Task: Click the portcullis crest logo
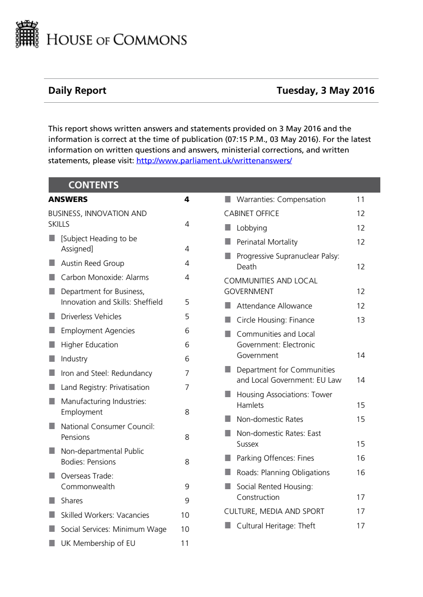click(x=27, y=34)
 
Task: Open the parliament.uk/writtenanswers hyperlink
click(x=214, y=161)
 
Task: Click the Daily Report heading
click(x=77, y=90)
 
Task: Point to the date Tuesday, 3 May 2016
click(x=325, y=90)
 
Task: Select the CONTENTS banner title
click(x=93, y=185)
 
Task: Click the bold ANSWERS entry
click(x=68, y=199)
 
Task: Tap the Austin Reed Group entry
click(x=93, y=263)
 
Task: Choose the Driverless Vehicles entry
click(x=91, y=317)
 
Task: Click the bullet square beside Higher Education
click(x=52, y=344)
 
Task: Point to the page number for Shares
click(x=187, y=501)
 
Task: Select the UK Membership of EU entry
click(x=98, y=543)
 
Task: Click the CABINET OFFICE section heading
click(x=251, y=213)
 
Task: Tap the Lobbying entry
click(x=252, y=228)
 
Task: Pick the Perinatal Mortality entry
click(x=267, y=242)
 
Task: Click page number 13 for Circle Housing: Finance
click(x=361, y=320)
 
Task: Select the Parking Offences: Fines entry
click(x=275, y=458)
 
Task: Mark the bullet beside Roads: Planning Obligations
click(x=228, y=472)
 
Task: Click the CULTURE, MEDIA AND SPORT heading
click(x=274, y=511)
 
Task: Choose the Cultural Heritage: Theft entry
click(x=276, y=526)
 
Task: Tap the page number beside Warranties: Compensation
click(x=361, y=199)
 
